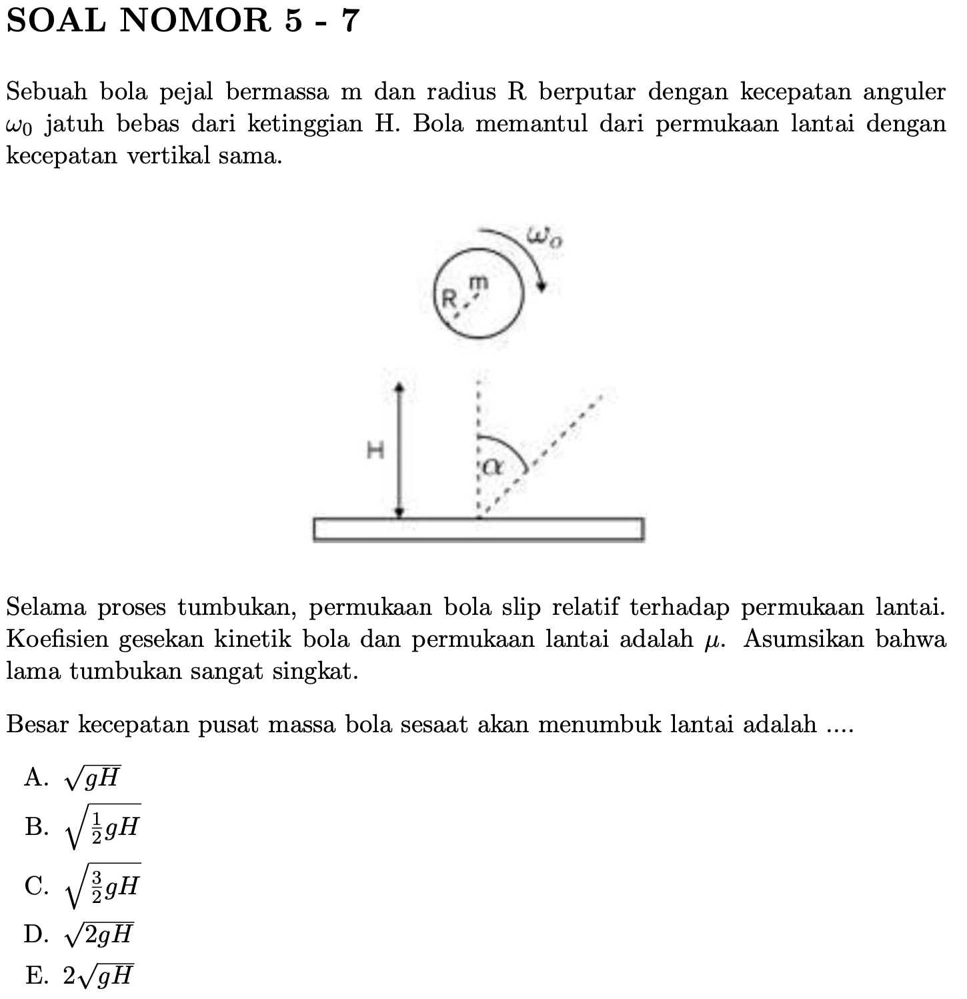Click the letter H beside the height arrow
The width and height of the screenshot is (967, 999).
point(376,451)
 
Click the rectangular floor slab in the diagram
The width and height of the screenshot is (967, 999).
point(478,529)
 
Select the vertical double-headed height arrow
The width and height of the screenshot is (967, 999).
point(399,450)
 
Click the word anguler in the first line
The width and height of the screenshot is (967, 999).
point(904,93)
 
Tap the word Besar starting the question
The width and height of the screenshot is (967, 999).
point(37,724)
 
